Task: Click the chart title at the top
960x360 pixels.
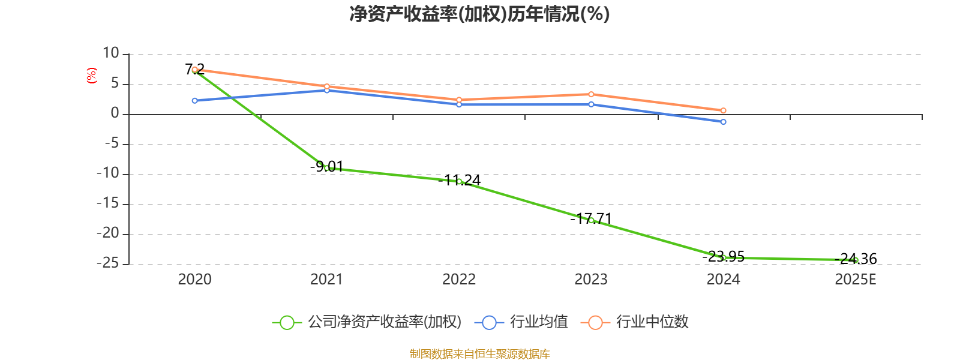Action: pyautogui.click(x=479, y=14)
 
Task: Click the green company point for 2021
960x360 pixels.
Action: pyautogui.click(x=326, y=168)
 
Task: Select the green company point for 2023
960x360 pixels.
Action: pyautogui.click(x=591, y=221)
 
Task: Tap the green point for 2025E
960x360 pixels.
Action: pyautogui.click(x=856, y=260)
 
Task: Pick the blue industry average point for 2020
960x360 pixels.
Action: pyautogui.click(x=194, y=101)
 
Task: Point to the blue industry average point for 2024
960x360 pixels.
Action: pyautogui.click(x=724, y=122)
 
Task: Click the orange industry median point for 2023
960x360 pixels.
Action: pyautogui.click(x=591, y=94)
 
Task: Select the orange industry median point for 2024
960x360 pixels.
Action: pyautogui.click(x=724, y=110)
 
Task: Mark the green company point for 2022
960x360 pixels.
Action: pyautogui.click(x=459, y=181)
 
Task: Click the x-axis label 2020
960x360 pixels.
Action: pyautogui.click(x=194, y=280)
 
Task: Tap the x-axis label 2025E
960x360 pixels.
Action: pyautogui.click(x=856, y=280)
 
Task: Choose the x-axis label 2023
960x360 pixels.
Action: pyautogui.click(x=591, y=280)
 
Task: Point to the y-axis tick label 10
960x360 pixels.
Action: pyautogui.click(x=111, y=53)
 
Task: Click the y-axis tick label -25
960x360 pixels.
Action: pyautogui.click(x=108, y=263)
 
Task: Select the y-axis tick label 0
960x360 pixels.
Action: pyautogui.click(x=115, y=113)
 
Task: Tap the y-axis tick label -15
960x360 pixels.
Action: pyautogui.click(x=108, y=203)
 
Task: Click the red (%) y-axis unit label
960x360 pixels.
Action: pyautogui.click(x=91, y=76)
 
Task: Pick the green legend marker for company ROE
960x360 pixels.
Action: pyautogui.click(x=287, y=322)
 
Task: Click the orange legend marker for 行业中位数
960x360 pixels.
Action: pyautogui.click(x=595, y=322)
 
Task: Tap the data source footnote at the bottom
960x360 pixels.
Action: pyautogui.click(x=479, y=354)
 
